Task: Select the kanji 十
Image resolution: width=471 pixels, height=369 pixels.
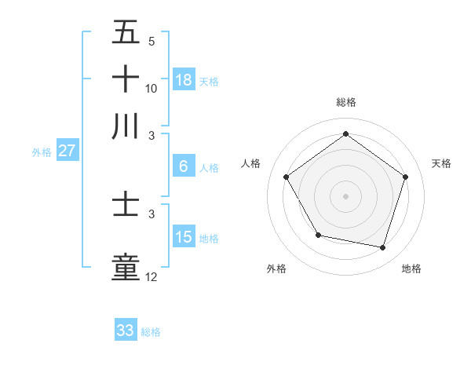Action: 126,79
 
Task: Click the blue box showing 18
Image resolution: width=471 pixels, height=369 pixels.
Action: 184,79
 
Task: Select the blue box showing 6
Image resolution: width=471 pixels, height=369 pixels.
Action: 184,166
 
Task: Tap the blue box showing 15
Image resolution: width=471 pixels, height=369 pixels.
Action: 184,237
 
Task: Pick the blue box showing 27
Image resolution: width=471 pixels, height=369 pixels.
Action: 67,152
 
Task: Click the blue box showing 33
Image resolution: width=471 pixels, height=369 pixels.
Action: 126,331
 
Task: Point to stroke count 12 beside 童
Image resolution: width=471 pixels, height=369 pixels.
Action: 152,277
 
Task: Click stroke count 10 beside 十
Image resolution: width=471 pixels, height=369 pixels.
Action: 152,89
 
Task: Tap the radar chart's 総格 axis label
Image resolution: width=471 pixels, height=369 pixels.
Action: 345,103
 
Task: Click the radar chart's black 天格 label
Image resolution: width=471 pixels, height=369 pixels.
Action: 441,163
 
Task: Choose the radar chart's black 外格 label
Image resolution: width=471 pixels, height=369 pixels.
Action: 276,269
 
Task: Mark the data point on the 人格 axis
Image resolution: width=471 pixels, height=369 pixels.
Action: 287,177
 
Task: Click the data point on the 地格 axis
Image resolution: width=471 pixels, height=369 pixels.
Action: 382,247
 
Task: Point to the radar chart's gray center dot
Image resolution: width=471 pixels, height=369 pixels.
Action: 345,195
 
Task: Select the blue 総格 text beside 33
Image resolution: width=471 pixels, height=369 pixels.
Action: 151,332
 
